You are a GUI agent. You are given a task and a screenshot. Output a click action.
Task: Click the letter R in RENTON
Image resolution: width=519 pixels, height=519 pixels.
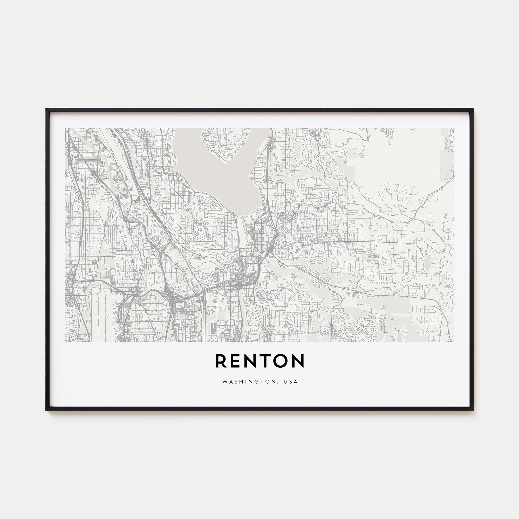coord(221,361)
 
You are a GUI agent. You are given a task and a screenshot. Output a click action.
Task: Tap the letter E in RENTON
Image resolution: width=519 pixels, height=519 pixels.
coord(236,361)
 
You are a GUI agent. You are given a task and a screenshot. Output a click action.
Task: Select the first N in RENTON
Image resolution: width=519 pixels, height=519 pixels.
coord(253,361)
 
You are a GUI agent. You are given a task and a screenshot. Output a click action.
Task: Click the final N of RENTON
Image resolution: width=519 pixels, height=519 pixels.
coord(299,361)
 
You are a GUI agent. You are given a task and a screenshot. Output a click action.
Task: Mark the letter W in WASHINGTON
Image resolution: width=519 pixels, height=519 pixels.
coord(224,382)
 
